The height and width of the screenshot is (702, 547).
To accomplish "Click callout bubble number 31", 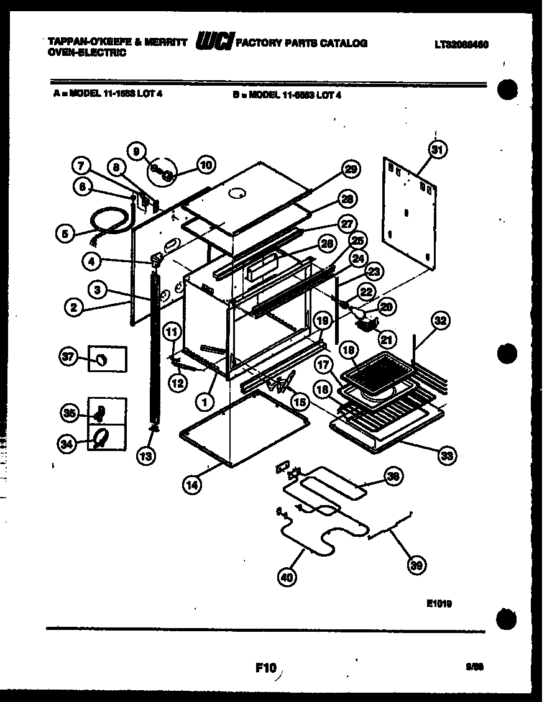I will click(438, 150).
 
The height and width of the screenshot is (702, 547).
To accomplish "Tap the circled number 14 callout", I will click(193, 485).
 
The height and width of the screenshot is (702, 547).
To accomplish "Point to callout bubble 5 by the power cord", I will click(64, 234).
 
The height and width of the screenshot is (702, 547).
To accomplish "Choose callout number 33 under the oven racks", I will click(446, 455).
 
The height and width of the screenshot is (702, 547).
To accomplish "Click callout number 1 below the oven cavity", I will click(203, 402).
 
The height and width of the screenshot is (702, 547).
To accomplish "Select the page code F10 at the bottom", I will click(265, 668).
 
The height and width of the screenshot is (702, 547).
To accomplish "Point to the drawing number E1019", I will click(439, 601).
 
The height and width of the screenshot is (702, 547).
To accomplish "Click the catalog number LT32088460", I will click(461, 45).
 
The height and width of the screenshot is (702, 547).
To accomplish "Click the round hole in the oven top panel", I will click(237, 194).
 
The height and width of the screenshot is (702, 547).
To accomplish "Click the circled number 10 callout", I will click(206, 165).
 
